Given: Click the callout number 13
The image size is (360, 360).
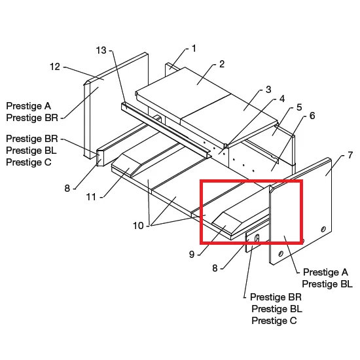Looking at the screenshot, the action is click(101, 50).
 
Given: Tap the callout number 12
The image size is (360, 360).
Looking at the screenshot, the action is click(55, 67).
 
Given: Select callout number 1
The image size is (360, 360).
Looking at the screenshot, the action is click(194, 48).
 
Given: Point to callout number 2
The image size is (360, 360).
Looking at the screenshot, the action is click(221, 64).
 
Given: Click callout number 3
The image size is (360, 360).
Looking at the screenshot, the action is click(268, 90).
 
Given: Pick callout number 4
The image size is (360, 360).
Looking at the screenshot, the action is click(282, 99).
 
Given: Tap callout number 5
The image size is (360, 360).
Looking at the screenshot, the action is click(299, 107).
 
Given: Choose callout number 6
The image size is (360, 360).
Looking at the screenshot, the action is click(312, 116).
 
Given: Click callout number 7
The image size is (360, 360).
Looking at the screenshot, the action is click(350, 155).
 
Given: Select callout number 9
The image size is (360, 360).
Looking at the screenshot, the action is click(192, 255).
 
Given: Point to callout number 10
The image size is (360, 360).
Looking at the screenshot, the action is click(138, 226).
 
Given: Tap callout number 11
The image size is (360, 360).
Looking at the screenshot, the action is click(91, 197).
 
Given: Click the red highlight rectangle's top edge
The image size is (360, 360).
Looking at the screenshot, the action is click(251, 181).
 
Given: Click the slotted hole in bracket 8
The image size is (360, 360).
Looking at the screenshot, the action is click(257, 238).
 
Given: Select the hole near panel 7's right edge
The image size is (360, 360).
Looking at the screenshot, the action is click(323, 229).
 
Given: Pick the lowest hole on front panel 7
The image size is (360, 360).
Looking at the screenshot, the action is click(281, 254).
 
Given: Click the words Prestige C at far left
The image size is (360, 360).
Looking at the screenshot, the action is click(29, 162).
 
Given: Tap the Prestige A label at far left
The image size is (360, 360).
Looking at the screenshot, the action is click(28, 106).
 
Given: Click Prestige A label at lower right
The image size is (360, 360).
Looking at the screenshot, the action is click(325, 272).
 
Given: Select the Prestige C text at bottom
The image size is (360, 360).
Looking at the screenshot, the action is click(274, 321).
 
